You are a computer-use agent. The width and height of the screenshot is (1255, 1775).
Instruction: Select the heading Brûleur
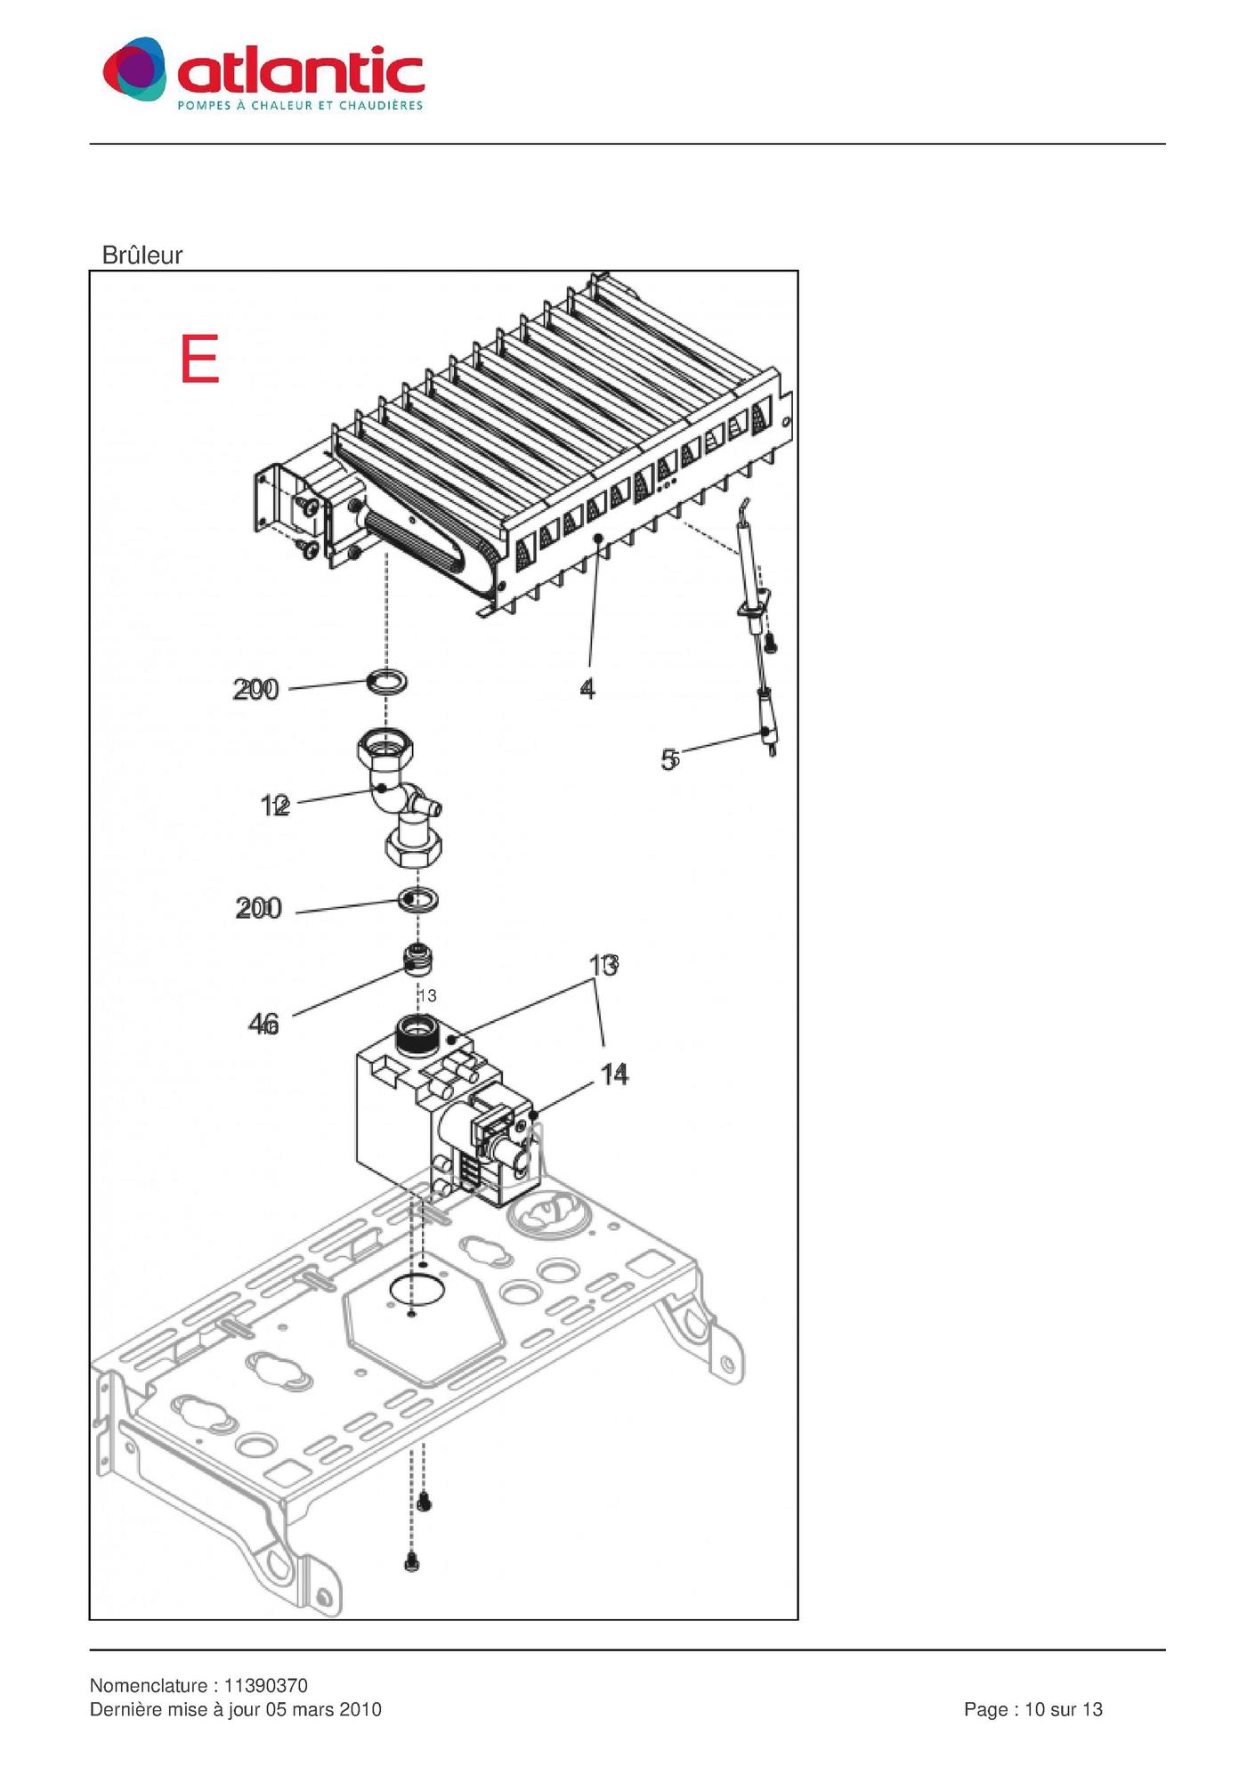142,255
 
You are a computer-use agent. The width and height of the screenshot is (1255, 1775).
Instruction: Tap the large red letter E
199,359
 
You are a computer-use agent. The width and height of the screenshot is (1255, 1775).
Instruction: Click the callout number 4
587,688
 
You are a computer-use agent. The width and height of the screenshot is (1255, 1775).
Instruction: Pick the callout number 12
275,806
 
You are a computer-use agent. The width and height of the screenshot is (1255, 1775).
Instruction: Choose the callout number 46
263,1025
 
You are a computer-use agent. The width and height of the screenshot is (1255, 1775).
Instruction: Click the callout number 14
614,1074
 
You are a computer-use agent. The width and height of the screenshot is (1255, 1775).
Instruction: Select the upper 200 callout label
255,689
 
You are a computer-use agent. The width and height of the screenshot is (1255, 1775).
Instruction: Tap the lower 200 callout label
258,908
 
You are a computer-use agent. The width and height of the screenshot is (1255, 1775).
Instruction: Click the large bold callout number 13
603,965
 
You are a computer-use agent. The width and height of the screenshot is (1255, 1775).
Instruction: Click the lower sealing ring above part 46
418,899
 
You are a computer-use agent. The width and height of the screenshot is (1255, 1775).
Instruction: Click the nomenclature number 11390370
265,1685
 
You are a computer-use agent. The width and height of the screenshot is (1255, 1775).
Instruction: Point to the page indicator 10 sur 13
1064,1709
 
